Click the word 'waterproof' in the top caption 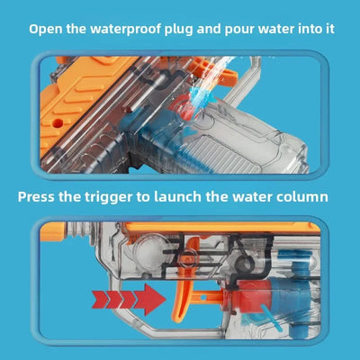point(125,30)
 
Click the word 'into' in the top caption point(310,30)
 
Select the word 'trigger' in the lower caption point(108,198)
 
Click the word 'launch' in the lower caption point(177,196)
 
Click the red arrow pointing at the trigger point(129,300)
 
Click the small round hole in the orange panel point(58,123)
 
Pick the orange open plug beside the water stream point(222,74)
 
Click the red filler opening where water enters point(183,109)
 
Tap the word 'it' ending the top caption point(330,30)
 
